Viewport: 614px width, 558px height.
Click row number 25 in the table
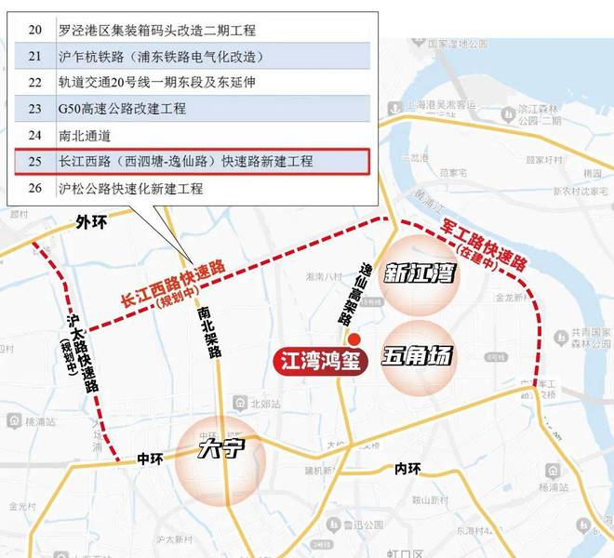(35, 162)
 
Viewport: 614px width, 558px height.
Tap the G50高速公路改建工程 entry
(122, 109)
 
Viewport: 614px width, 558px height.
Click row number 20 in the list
(35, 30)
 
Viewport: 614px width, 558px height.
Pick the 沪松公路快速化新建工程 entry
(130, 189)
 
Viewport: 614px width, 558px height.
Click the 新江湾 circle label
(419, 275)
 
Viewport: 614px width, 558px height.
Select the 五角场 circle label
(419, 354)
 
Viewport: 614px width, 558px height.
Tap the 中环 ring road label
(149, 458)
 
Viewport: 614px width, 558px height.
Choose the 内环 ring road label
(407, 468)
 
